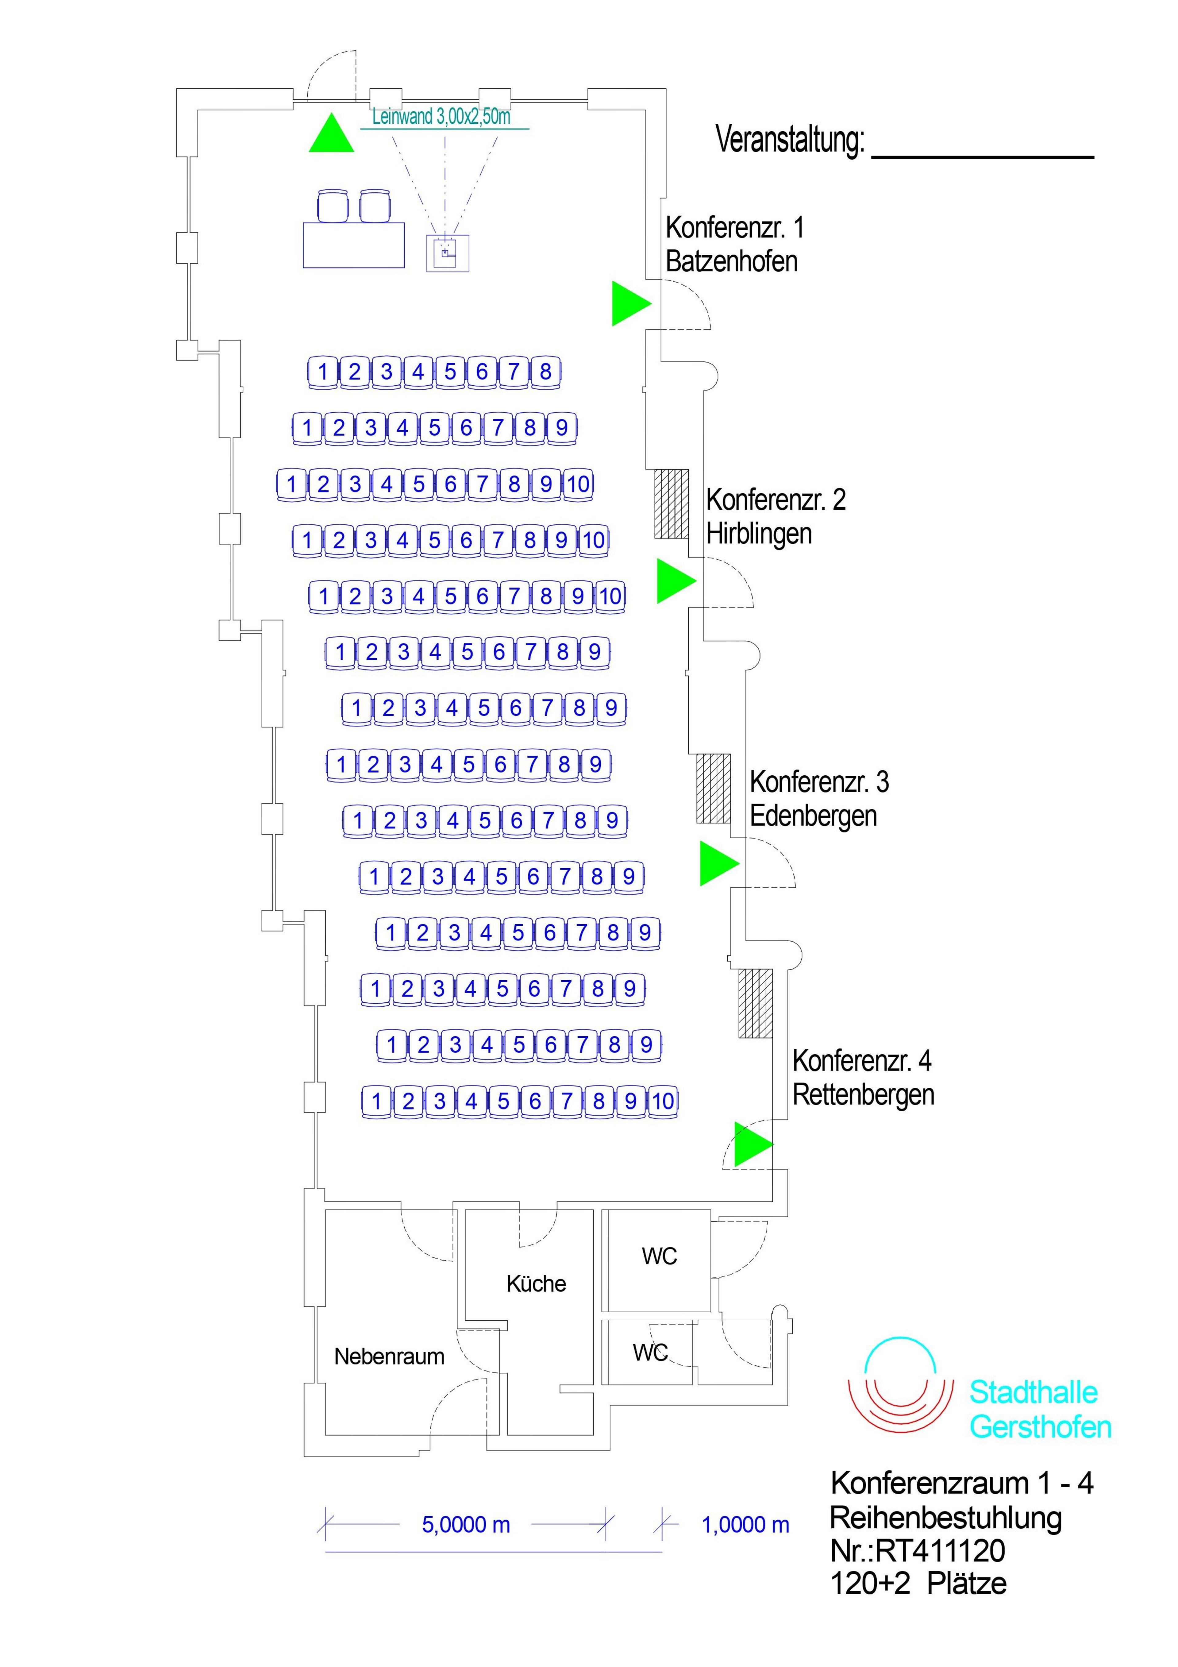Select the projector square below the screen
coord(447,253)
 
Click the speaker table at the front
coord(353,245)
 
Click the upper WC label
coord(659,1256)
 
